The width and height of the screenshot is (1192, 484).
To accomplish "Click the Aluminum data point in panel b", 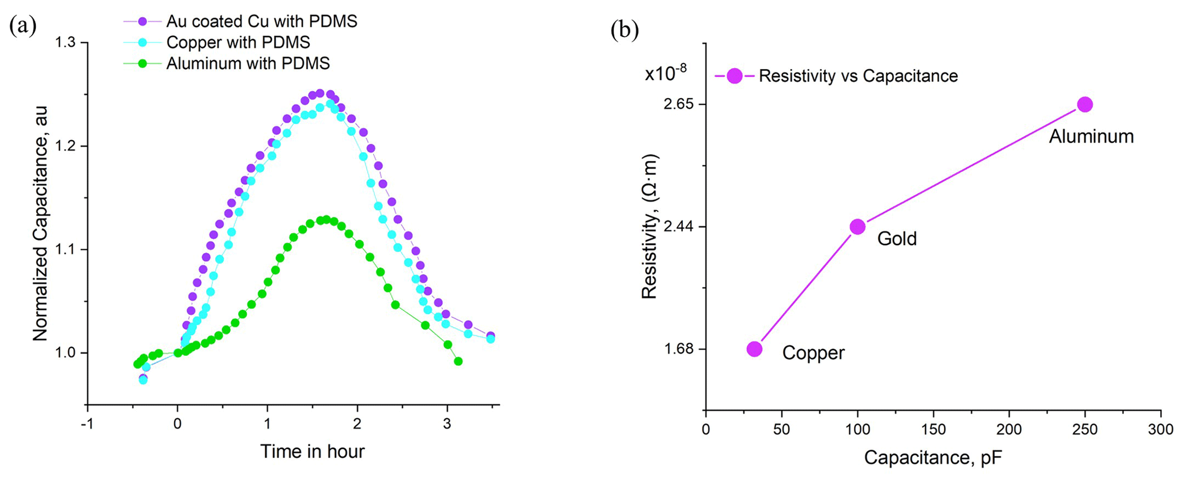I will click(x=1085, y=104).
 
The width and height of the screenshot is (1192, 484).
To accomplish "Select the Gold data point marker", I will click(x=858, y=227).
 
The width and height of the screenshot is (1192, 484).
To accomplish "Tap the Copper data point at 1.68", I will click(x=754, y=349).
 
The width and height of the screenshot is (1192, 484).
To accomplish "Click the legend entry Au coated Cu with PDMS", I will click(x=261, y=21).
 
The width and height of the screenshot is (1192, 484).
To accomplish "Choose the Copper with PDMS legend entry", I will click(x=238, y=42).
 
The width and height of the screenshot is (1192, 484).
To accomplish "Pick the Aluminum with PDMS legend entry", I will click(x=247, y=63).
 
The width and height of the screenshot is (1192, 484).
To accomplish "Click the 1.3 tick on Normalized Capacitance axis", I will click(x=67, y=43).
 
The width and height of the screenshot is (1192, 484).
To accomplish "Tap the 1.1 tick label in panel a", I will click(x=67, y=249).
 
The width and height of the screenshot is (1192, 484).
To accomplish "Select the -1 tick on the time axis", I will click(x=87, y=423).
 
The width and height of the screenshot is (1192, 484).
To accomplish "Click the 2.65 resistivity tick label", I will click(x=679, y=104).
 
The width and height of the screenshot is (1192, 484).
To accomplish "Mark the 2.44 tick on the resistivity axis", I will click(x=679, y=227).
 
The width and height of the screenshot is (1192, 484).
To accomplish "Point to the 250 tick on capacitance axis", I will click(x=1085, y=429).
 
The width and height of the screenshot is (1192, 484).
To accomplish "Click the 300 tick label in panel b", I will click(x=1160, y=429).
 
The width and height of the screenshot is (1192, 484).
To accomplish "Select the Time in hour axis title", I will click(x=312, y=451).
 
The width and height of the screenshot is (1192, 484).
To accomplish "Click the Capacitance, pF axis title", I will click(x=932, y=457).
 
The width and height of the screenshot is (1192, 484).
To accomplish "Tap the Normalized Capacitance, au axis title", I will click(x=40, y=223).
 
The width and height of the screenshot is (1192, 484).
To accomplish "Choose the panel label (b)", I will click(x=625, y=30).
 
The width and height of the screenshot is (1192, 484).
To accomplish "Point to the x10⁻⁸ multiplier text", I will click(x=665, y=73).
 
